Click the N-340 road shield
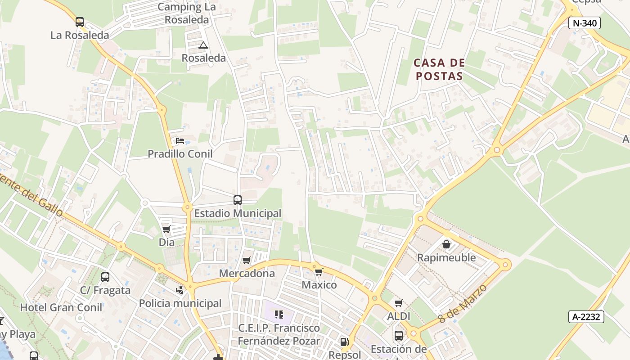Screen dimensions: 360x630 585,23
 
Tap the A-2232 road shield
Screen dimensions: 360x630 586,317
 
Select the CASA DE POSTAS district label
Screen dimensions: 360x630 439,69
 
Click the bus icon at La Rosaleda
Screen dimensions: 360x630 80,22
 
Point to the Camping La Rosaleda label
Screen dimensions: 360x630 187,13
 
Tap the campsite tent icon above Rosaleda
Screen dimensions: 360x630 203,45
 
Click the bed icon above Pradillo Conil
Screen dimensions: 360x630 180,141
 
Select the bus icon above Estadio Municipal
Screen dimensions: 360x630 237,200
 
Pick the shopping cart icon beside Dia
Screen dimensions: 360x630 166,229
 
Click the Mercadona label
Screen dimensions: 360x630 247,273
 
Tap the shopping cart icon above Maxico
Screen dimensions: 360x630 319,272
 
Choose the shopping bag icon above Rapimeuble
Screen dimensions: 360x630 446,244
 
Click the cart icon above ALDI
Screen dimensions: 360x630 398,303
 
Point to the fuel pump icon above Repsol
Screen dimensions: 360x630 344,342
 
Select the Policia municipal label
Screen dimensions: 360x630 180,303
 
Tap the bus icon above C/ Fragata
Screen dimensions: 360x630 105,277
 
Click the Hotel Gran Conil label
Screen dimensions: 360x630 61,308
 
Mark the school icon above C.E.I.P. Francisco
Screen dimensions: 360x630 279,315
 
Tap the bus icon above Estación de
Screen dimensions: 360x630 399,336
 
